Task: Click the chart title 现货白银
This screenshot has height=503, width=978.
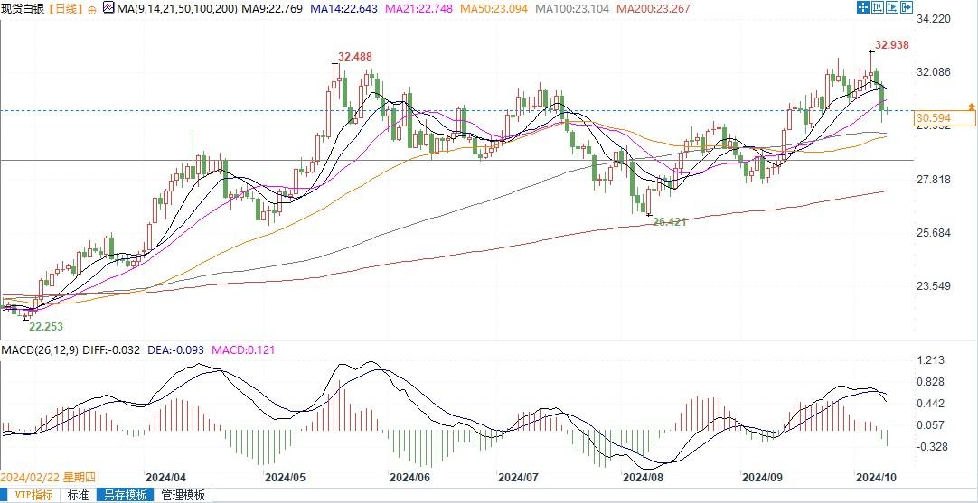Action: click(x=23, y=9)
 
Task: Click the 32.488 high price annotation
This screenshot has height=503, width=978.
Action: click(x=355, y=57)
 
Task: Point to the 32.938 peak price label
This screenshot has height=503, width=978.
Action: click(x=891, y=45)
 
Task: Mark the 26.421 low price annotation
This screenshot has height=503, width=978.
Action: click(x=670, y=220)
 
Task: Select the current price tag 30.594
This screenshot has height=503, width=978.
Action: click(x=933, y=118)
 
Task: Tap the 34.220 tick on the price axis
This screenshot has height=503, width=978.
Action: click(x=935, y=18)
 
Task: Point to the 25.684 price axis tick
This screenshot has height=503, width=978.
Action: click(x=935, y=233)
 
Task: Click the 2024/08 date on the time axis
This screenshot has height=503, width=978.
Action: click(x=643, y=477)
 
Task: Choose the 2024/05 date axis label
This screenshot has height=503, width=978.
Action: click(x=286, y=477)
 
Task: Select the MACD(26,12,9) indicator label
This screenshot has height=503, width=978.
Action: click(x=38, y=350)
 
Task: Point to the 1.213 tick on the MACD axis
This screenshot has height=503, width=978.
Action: click(x=929, y=360)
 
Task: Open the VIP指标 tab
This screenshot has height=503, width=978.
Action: click(x=31, y=495)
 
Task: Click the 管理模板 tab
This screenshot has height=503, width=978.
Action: click(x=183, y=495)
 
